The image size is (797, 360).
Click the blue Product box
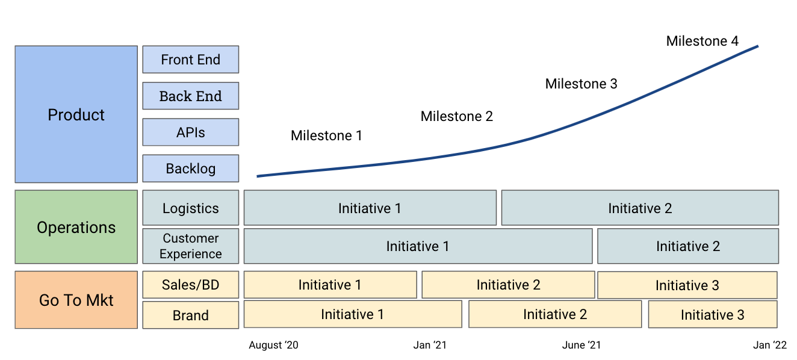coord(76,114)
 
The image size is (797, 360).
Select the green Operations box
coord(76,227)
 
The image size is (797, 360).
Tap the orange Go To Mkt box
coord(76,300)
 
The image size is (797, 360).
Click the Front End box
coord(191,60)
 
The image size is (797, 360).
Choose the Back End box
coord(191,96)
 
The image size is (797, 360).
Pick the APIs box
coord(191,132)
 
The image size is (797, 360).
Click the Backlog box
coord(191,169)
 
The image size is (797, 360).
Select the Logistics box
coord(191,208)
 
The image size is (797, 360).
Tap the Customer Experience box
coord(191,246)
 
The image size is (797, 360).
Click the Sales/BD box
coord(191,284)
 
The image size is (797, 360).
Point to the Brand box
coord(191,315)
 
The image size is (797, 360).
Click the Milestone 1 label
coord(326,136)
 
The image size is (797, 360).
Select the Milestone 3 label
coord(581,84)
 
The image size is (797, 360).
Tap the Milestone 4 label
coord(702,42)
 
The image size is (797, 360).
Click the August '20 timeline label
coord(273,345)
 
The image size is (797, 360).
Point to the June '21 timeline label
coord(581,345)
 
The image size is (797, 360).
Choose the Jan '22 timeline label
coord(770,345)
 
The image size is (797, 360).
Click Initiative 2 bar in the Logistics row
coord(640,208)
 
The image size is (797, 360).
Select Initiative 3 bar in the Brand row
coord(712,314)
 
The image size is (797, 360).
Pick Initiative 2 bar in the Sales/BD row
coord(508,285)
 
